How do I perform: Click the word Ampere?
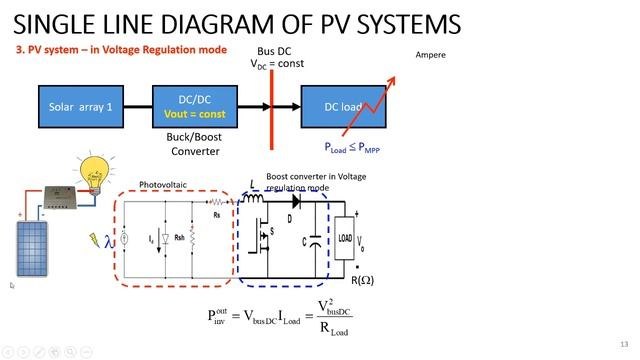(430, 55)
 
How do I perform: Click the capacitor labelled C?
(314, 240)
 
